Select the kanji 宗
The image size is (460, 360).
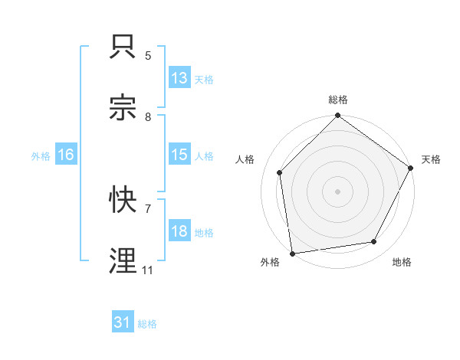click(123, 108)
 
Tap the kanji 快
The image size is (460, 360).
click(123, 200)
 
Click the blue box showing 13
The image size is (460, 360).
click(179, 78)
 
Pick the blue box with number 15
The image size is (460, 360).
click(179, 155)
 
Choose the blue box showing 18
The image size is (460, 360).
click(179, 231)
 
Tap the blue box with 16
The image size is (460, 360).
click(66, 155)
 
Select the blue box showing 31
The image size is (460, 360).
click(123, 322)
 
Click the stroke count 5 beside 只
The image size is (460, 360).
click(148, 55)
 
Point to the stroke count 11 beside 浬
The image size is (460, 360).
click(148, 270)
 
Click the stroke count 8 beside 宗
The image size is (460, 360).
click(148, 116)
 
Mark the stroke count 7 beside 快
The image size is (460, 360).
click(148, 208)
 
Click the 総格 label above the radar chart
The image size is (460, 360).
click(338, 100)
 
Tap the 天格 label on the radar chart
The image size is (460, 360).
click(431, 159)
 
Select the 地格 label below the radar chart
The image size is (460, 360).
click(402, 262)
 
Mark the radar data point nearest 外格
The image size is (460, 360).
click(292, 253)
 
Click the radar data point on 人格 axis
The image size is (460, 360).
click(280, 172)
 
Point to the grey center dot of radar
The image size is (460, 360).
click(338, 191)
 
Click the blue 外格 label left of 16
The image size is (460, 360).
click(41, 155)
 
